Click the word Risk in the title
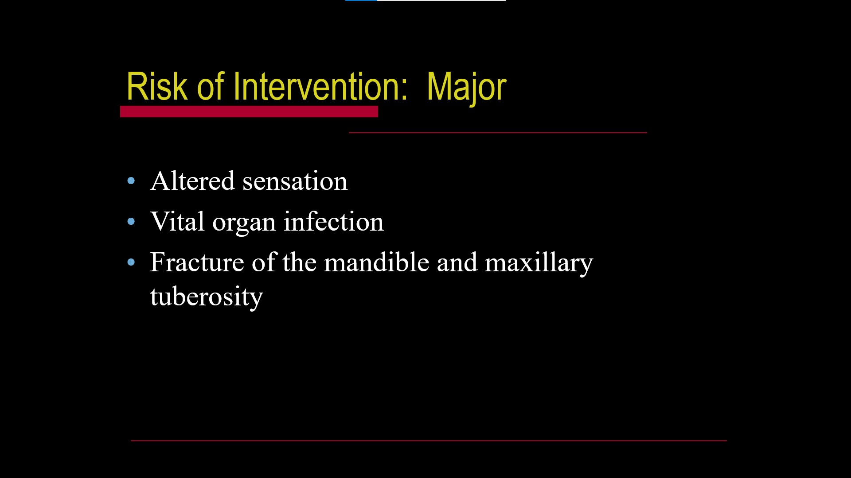point(156,87)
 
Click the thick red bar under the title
point(249,112)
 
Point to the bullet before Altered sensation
point(131,181)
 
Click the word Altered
point(192,181)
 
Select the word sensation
point(295,181)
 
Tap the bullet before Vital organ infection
point(131,222)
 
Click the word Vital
point(177,221)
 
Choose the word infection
point(333,221)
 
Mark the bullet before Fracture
point(131,262)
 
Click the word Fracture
point(197,262)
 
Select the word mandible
point(376,262)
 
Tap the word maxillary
point(539,263)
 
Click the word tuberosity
point(207,297)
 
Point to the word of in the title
point(210,87)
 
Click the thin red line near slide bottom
point(428,440)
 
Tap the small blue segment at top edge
point(361,0)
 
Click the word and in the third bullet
point(457,262)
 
